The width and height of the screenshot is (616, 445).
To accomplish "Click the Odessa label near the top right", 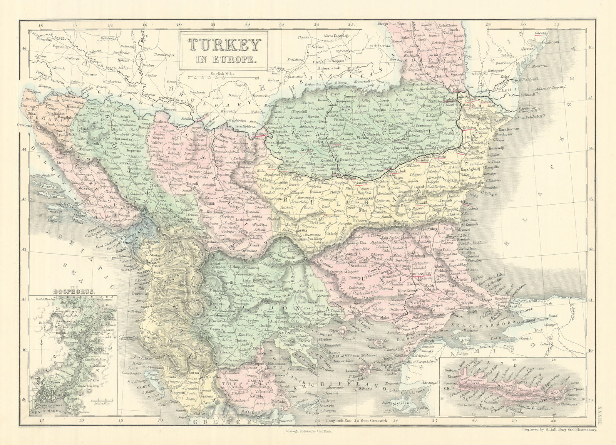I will point(541,34).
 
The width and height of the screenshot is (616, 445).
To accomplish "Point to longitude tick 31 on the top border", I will point(557,25).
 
